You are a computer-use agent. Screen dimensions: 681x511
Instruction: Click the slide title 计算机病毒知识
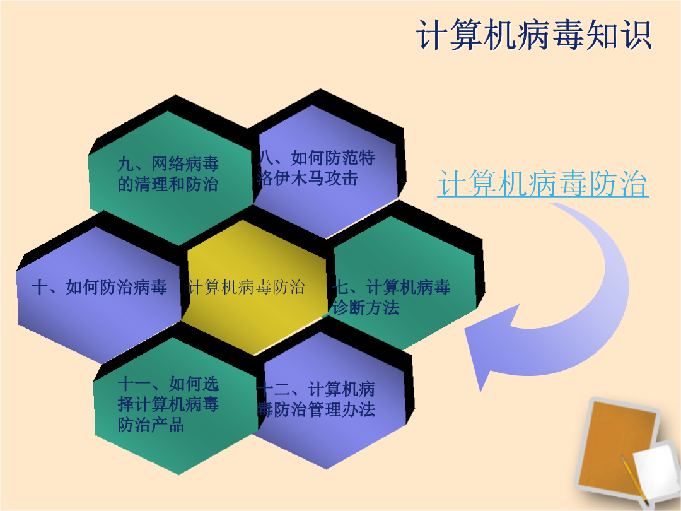[534, 35]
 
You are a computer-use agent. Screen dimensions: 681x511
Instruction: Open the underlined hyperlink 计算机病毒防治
[543, 184]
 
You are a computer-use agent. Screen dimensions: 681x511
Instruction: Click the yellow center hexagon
[254, 287]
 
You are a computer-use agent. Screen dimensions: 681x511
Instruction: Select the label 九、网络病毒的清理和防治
[168, 174]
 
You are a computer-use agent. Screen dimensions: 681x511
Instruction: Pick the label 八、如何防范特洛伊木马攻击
[316, 168]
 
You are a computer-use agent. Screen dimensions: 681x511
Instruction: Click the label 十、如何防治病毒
[100, 287]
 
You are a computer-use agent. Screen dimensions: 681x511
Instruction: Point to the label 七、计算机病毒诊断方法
[392, 297]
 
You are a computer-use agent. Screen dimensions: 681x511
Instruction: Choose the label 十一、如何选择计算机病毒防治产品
[168, 404]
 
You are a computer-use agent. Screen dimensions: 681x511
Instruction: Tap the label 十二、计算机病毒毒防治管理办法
[316, 399]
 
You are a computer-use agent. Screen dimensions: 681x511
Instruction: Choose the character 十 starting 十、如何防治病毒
[40, 287]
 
